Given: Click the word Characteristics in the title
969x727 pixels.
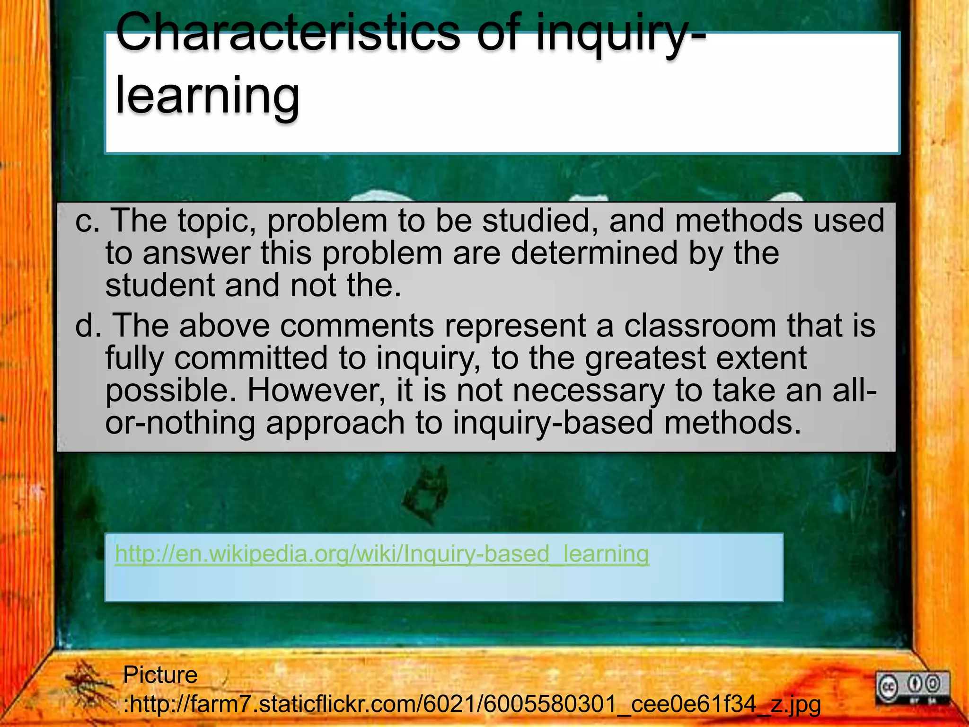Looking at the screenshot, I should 287,32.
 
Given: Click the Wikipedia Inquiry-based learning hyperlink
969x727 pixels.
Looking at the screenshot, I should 382,554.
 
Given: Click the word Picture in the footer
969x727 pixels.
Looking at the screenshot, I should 160,674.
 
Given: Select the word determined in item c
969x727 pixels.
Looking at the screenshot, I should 594,253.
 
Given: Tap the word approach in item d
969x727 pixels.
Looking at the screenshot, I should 335,423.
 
